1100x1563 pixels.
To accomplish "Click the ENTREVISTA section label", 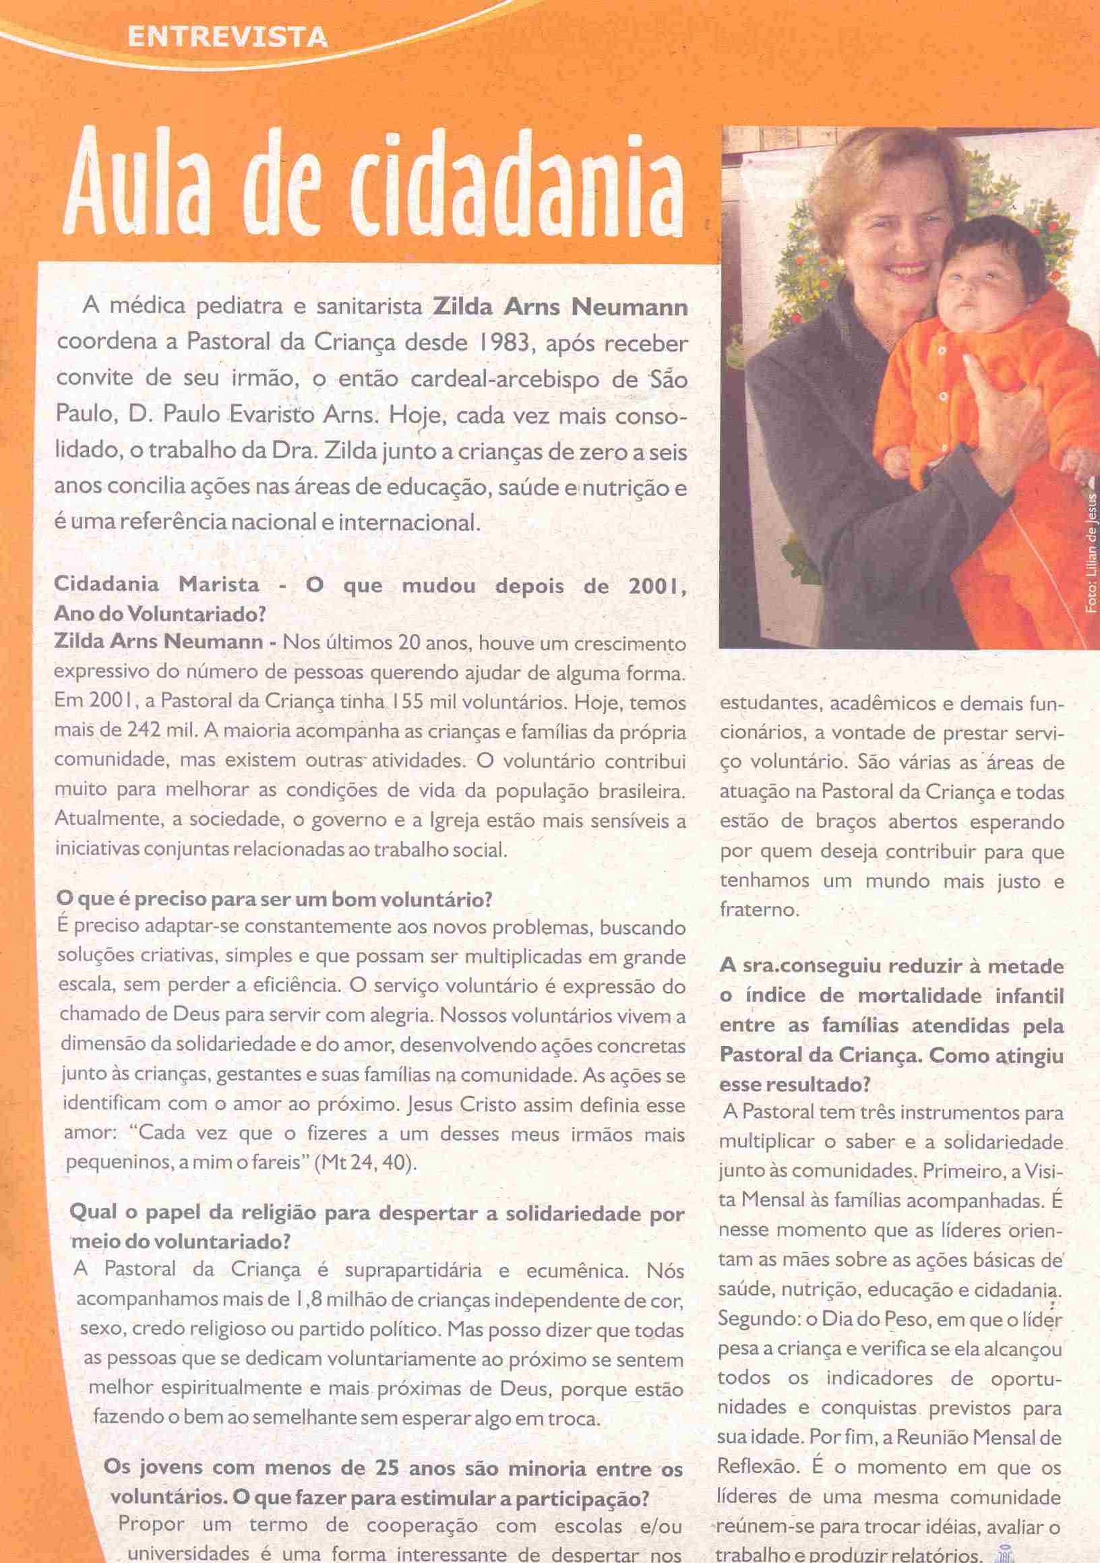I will [226, 37].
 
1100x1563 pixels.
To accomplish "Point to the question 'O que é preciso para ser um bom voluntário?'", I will [274, 898].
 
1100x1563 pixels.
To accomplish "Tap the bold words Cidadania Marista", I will [156, 584].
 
